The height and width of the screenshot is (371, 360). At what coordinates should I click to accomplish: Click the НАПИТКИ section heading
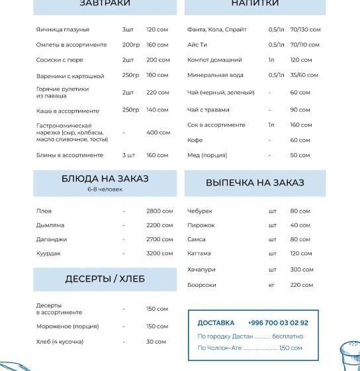click(254, 4)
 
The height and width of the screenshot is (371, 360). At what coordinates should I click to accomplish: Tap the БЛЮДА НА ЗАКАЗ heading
click(105, 179)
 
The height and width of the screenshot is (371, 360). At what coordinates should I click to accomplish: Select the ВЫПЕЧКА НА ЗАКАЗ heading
click(254, 183)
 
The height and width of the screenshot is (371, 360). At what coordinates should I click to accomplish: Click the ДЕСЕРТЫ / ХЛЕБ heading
click(105, 279)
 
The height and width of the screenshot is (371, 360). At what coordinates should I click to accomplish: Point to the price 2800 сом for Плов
click(159, 211)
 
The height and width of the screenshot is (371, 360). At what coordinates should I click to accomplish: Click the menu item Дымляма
click(50, 225)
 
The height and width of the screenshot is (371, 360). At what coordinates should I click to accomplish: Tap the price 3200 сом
click(159, 254)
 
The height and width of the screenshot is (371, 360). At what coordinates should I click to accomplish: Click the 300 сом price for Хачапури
click(301, 270)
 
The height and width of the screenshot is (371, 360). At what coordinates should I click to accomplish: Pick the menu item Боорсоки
click(201, 285)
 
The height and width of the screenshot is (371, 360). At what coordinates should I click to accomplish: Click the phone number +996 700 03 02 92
click(278, 323)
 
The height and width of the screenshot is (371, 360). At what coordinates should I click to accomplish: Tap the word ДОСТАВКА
click(216, 323)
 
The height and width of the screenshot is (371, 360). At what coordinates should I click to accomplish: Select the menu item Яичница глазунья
click(63, 30)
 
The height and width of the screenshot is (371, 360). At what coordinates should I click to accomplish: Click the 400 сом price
click(158, 132)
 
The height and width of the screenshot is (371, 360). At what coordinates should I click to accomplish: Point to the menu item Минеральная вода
click(215, 76)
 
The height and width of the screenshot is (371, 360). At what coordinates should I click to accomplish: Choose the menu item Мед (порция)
click(206, 155)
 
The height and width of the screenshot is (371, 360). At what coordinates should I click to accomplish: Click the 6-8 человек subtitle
click(105, 189)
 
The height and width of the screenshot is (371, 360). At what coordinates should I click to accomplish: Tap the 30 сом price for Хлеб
click(156, 342)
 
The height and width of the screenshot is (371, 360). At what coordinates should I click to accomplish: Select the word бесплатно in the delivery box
click(288, 337)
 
